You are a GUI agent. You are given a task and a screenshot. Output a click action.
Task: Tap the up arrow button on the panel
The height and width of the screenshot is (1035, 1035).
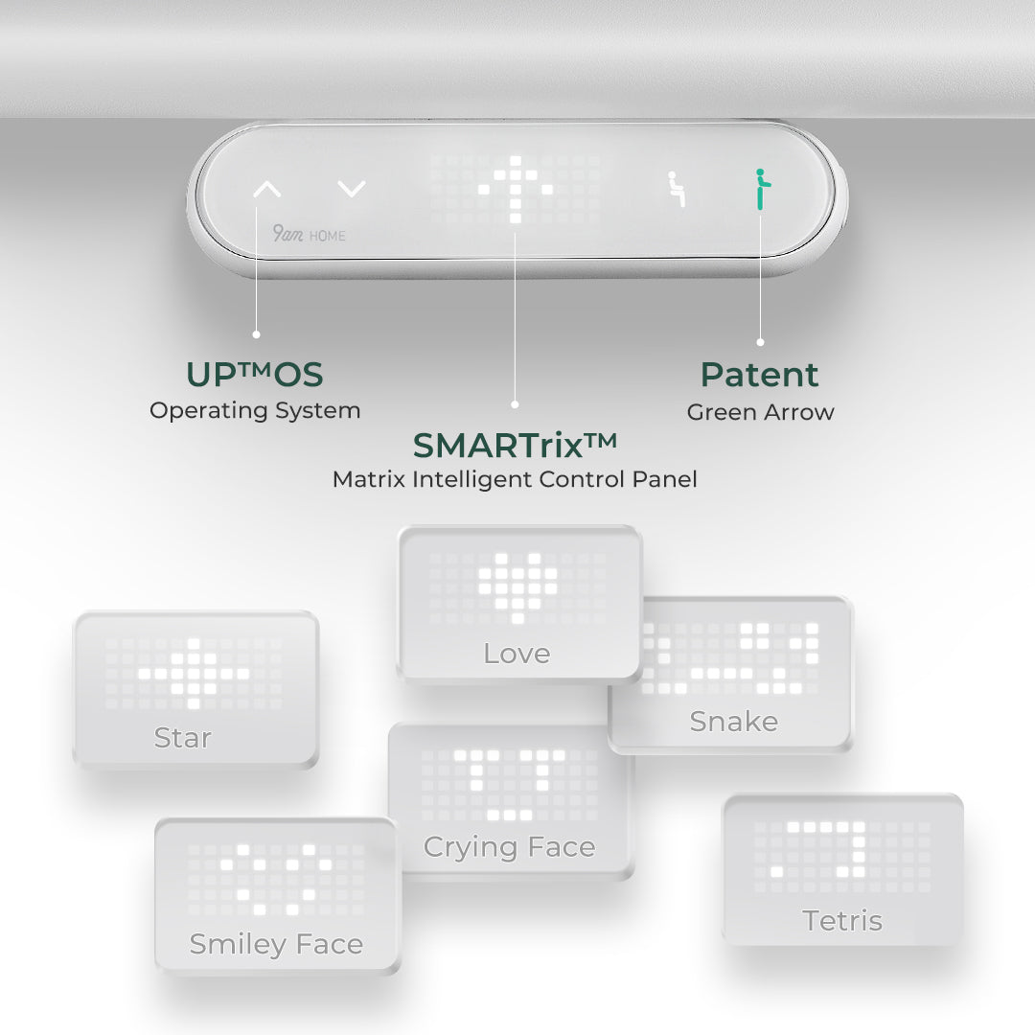[267, 190]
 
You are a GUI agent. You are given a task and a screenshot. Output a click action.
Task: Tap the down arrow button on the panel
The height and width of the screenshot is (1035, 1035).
[351, 189]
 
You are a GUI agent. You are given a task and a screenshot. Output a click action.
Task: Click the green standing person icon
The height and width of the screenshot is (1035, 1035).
[762, 190]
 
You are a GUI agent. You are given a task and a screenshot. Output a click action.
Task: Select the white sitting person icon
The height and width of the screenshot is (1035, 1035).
[676, 189]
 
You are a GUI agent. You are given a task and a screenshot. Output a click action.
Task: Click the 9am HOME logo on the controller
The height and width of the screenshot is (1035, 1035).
[309, 234]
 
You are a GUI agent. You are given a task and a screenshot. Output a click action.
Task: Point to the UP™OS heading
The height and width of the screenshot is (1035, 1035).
[255, 375]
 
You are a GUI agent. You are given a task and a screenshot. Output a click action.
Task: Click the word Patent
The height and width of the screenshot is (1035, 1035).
[760, 375]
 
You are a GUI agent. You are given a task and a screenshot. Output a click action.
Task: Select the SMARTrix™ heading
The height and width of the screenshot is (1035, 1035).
[515, 446]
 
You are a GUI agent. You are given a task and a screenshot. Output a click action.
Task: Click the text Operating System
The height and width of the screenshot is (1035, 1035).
[255, 410]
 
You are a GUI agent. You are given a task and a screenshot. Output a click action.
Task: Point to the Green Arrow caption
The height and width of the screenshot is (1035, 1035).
[760, 412]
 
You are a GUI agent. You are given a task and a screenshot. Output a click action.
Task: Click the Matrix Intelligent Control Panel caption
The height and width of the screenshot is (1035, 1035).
[515, 478]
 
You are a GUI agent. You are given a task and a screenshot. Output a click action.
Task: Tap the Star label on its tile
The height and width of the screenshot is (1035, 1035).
[183, 737]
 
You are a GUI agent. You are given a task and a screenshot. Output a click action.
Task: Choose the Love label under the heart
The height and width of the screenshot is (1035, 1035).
[517, 654]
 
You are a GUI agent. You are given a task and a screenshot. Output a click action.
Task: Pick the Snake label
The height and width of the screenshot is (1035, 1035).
[734, 722]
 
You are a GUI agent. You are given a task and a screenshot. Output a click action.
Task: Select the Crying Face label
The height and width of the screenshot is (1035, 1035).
[510, 847]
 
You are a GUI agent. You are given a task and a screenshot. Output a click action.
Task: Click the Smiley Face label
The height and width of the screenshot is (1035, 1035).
[276, 944]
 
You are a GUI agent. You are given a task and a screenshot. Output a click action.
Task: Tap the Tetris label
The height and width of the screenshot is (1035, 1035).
[842, 920]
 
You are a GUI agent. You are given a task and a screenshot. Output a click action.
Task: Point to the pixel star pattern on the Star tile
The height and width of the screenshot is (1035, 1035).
[194, 674]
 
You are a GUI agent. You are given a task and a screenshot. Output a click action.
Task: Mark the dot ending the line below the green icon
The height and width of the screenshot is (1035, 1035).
[760, 342]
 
